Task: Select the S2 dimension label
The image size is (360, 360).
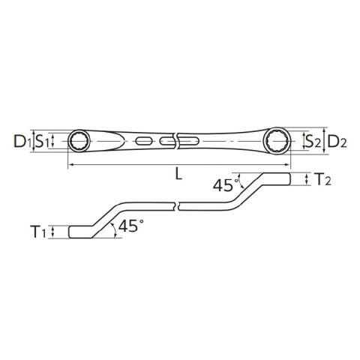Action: point(313,141)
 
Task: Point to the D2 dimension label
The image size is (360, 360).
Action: point(337,141)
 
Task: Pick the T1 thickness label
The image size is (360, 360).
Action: point(38,232)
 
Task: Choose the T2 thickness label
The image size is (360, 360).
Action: point(323,179)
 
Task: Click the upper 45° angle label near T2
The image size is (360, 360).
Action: point(224,185)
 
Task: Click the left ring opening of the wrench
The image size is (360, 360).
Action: point(79,141)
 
